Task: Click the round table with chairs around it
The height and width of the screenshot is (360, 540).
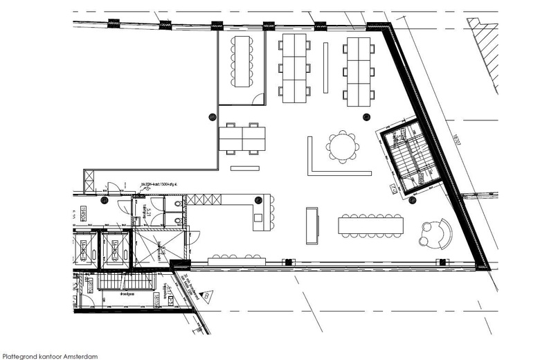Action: tap(343, 147)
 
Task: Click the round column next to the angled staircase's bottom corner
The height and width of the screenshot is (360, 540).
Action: tap(412, 201)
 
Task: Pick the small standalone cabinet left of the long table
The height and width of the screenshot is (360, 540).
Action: tap(312, 226)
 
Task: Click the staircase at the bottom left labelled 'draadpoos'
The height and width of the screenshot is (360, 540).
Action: tap(125, 283)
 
